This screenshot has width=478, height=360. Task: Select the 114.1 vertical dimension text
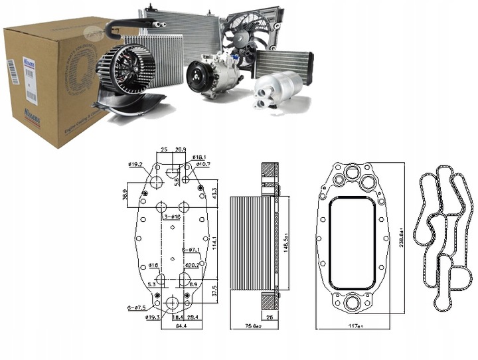point(214,244)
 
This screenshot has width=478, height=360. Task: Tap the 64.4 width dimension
point(171,326)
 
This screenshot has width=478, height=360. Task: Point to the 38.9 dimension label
point(125,194)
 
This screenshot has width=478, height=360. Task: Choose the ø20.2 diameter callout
point(193,264)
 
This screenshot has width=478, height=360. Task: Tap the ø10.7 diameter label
point(202,164)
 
